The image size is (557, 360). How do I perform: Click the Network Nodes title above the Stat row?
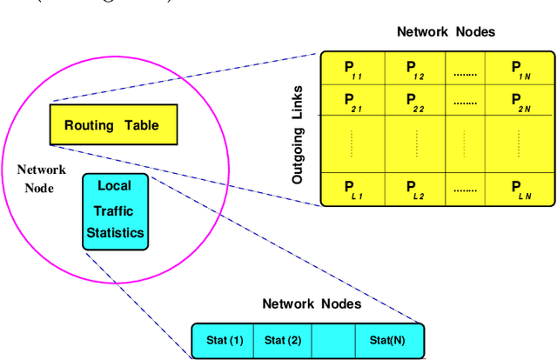(312, 304)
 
